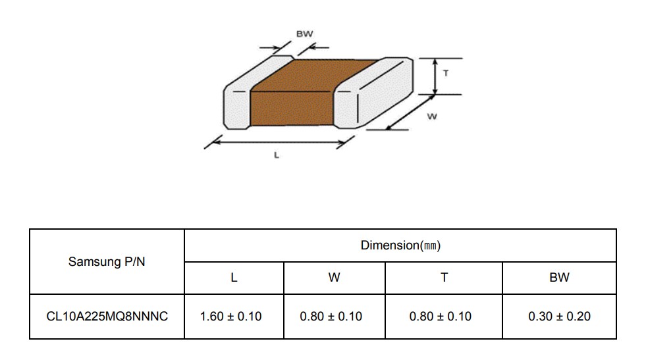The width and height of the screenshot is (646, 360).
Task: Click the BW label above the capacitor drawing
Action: pos(304,34)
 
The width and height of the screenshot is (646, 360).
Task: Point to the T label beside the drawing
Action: pos(445,73)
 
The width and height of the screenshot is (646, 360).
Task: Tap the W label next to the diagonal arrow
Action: pos(432,116)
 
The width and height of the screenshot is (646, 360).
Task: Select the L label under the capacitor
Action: pos(277,155)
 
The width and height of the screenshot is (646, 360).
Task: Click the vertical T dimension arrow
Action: pos(435,76)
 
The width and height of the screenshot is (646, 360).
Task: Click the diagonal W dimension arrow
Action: pos(410,112)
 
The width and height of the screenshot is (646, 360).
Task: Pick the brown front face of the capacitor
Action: pos(291,109)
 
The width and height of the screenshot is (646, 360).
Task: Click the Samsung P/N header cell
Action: pos(107,261)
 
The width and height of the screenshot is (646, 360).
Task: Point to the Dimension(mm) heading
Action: pos(400,245)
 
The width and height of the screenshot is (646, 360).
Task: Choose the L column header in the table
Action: pos(234,278)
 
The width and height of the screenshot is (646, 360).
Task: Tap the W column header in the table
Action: pos(334,278)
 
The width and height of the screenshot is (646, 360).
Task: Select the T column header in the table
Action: pos(444,278)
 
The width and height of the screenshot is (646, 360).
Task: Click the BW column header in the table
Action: pos(559,278)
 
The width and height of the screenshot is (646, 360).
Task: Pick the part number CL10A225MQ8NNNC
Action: pos(107,317)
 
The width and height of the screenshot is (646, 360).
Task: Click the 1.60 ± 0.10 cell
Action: pos(230,317)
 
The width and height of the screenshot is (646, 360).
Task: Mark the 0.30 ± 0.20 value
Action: pos(560,317)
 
